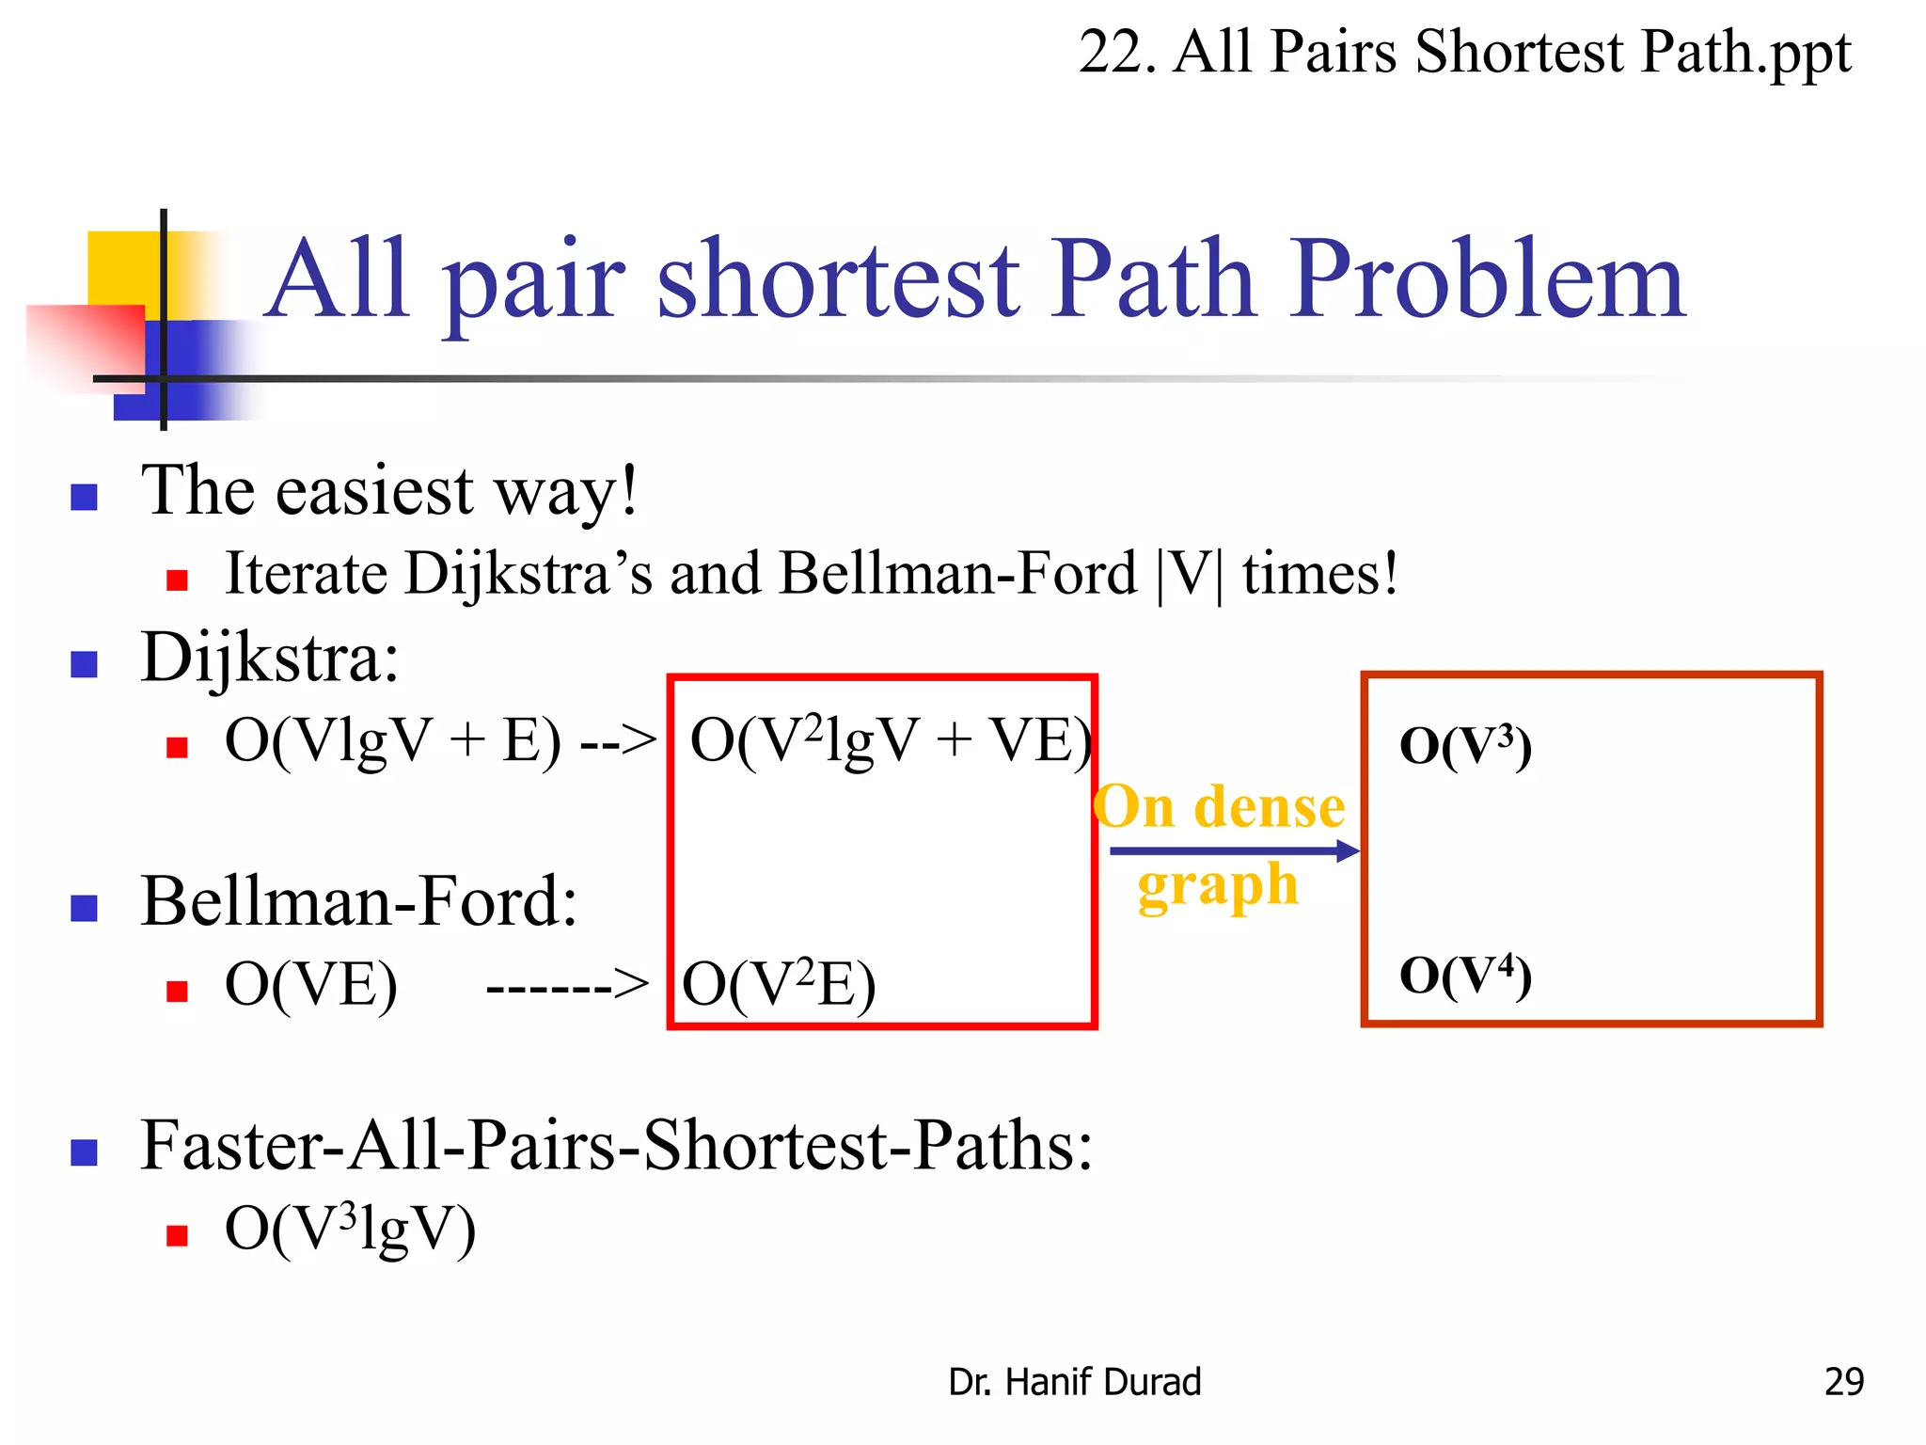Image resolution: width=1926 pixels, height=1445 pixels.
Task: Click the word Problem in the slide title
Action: pos(1486,279)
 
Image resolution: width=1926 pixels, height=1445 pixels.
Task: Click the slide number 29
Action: pos(1843,1382)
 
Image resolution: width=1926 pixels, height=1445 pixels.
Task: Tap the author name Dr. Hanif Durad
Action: pos(1074,1382)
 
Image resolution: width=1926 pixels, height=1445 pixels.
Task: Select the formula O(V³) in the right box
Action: pos(1465,747)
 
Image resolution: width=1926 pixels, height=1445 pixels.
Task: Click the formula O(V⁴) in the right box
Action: pos(1465,976)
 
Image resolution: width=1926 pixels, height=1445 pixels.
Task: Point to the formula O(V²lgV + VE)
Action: pos(890,741)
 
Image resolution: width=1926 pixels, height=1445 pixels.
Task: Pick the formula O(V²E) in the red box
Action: pos(779,986)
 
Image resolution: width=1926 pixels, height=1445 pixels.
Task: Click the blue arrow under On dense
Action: pos(1233,851)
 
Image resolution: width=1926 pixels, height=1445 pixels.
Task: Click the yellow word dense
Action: pos(1269,808)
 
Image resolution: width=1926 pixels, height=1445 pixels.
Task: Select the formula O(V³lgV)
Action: pos(350,1230)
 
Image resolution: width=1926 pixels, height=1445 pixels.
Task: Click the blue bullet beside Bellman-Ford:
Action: pos(85,908)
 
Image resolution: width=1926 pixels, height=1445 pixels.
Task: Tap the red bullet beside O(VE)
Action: pos(177,991)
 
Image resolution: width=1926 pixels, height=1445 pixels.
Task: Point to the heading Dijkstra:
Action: pos(270,658)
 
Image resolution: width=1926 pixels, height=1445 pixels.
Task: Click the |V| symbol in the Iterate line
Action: pos(1189,574)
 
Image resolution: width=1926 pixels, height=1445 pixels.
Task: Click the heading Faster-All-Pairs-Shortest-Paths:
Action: pos(616,1146)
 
